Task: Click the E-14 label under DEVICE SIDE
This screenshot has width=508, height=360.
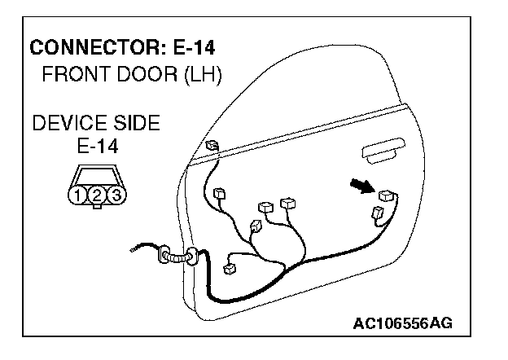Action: coord(96,147)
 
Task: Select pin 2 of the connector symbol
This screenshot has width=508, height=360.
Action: coord(96,195)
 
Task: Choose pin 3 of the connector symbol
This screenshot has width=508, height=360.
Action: coord(116,195)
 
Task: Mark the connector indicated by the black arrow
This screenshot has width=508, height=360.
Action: coord(388,195)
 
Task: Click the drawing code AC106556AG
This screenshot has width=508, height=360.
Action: coord(402,324)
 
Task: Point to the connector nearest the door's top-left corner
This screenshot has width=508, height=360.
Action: coord(212,147)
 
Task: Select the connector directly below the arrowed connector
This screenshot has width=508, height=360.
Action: coord(379,214)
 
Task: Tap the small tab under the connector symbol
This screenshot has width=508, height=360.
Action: coord(96,207)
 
